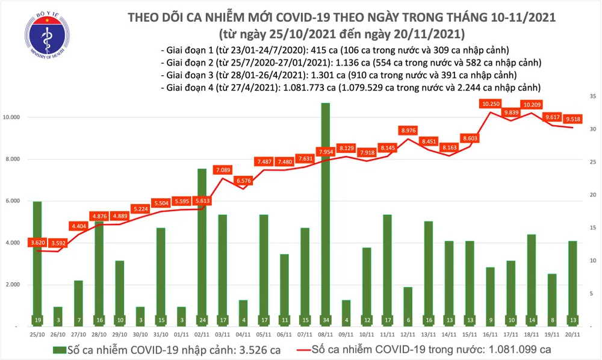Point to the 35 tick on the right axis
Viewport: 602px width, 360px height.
(x=592, y=96)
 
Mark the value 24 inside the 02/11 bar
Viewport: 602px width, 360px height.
(x=202, y=319)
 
